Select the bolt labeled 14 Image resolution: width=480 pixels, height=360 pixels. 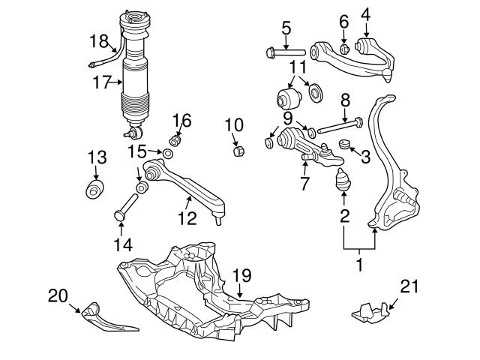coord(124,208)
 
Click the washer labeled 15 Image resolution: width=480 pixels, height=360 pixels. coord(169,154)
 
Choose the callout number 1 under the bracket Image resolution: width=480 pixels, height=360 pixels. coord(358,264)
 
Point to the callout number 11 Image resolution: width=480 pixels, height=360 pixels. coord(298,69)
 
